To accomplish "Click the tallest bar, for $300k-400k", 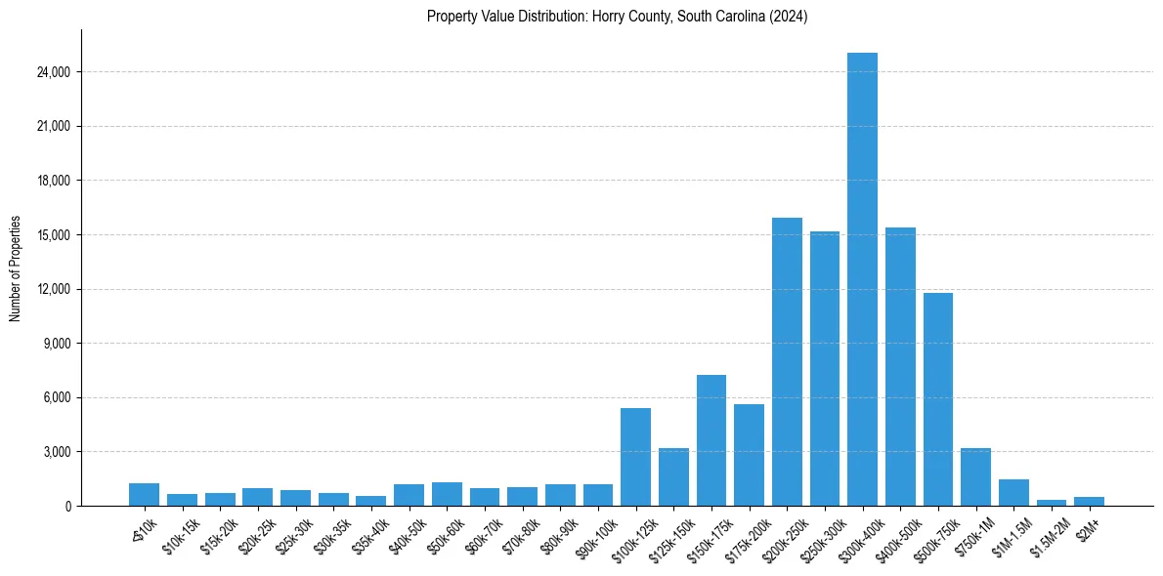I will click(x=862, y=279).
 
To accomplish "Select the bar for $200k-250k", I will click(x=787, y=361).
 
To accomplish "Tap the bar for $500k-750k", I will click(x=938, y=399).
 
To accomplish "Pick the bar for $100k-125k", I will click(x=635, y=457).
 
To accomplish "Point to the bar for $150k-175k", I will click(x=711, y=440).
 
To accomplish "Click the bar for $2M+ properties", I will click(x=1089, y=502).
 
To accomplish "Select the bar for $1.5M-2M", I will click(x=1052, y=503).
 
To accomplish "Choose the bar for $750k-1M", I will click(x=975, y=477).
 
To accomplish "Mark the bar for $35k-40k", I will click(x=370, y=501).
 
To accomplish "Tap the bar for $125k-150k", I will click(x=673, y=477).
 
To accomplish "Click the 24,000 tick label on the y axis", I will click(x=52, y=72).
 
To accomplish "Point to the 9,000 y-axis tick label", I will click(x=55, y=344).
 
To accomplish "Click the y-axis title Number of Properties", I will click(x=16, y=268).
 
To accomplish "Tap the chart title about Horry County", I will click(x=618, y=16).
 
